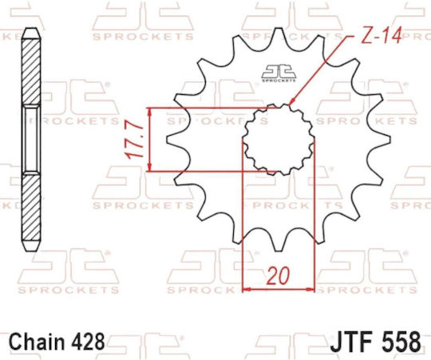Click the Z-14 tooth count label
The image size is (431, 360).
[381, 35]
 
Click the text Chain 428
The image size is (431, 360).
[57, 342]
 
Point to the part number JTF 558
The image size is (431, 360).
[375, 342]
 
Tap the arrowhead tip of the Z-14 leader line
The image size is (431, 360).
[290, 105]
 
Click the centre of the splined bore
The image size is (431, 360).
[279, 140]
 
